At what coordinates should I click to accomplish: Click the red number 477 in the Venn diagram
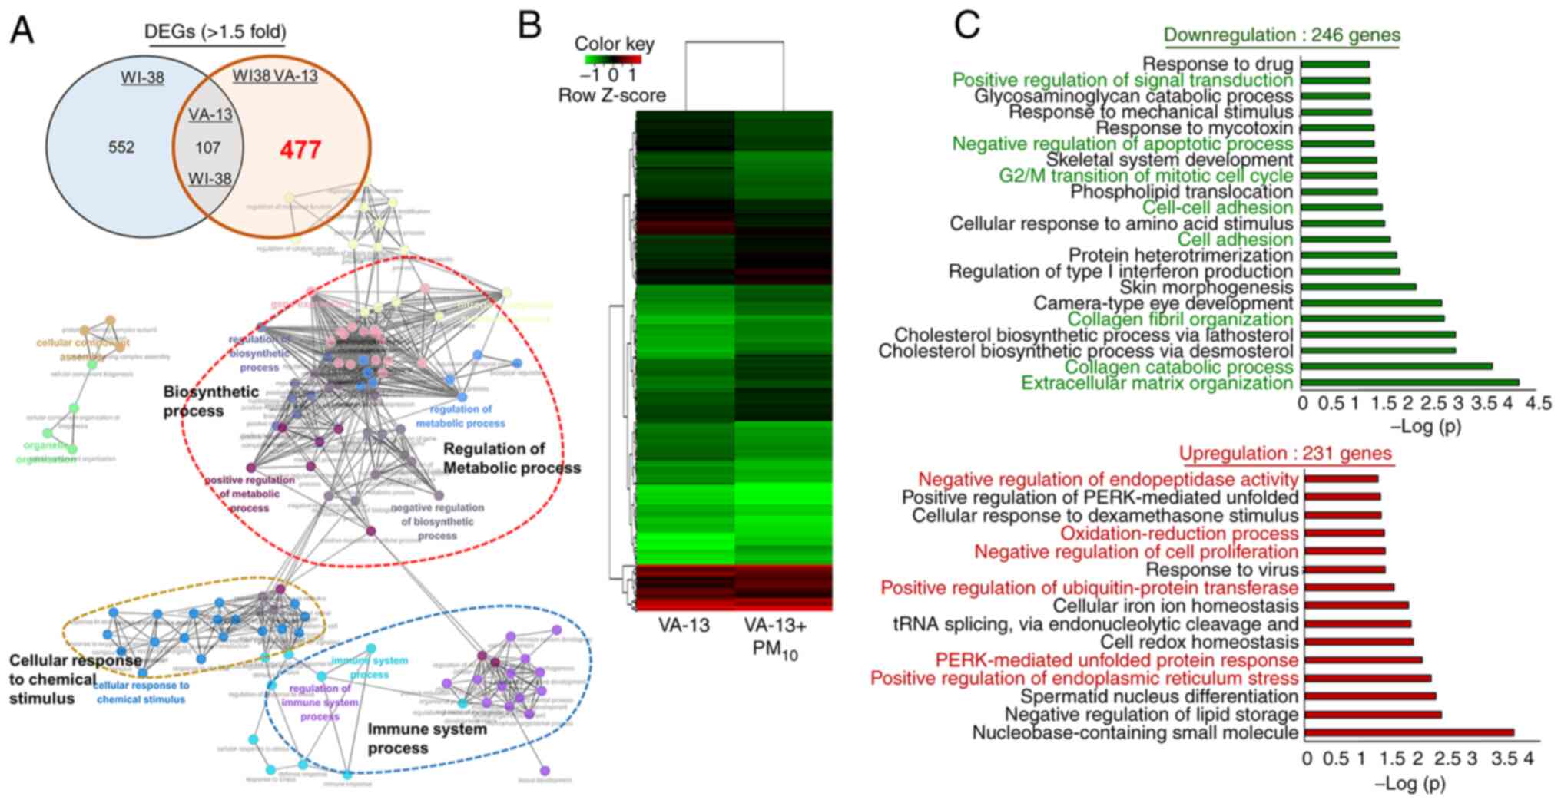tap(300, 150)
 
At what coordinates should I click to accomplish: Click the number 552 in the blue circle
tap(121, 147)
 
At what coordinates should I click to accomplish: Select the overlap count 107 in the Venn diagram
tap(207, 147)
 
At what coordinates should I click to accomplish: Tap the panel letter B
tap(530, 26)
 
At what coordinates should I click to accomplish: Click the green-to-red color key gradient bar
tap(608, 59)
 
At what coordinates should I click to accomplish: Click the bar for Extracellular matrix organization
tap(1410, 382)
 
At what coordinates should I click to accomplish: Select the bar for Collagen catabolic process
tap(1397, 366)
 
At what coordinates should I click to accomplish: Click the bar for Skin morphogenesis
tap(1359, 287)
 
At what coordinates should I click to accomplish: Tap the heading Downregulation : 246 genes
tap(1281, 35)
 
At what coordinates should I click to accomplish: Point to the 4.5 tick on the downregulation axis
tap(1539, 403)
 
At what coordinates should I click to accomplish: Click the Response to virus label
tap(1221, 570)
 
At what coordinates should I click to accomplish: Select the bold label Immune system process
tap(426, 738)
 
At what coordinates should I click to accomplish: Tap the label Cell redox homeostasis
tap(1199, 642)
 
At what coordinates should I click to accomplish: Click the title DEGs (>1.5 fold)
tap(216, 32)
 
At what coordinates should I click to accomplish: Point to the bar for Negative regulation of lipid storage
tap(1372, 715)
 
